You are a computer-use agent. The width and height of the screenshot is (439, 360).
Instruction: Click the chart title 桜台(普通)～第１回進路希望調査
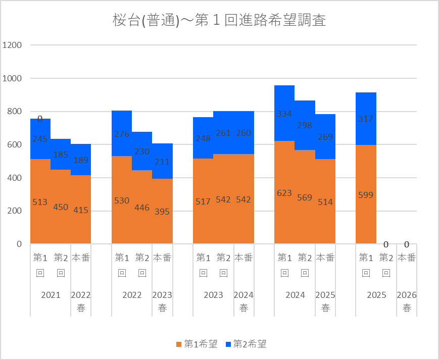click(219, 21)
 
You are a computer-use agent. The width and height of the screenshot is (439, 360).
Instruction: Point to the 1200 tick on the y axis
click(12, 45)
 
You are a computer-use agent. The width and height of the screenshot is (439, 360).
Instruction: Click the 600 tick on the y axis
click(14, 144)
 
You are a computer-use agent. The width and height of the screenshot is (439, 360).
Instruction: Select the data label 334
click(284, 114)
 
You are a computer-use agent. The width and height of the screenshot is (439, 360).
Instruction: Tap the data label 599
click(366, 194)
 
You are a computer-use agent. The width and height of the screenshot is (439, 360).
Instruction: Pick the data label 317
click(366, 119)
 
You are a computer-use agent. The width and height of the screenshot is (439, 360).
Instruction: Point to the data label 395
click(162, 212)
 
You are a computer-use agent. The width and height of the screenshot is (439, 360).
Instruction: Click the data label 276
click(122, 134)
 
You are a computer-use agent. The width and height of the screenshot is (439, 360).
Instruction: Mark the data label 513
click(40, 202)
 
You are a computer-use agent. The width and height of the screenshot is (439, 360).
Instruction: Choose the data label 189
click(81, 160)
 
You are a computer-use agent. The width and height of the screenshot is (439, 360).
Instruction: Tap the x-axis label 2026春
click(407, 301)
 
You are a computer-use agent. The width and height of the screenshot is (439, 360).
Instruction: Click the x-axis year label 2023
click(213, 295)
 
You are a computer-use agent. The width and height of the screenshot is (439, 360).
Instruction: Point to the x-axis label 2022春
click(81, 301)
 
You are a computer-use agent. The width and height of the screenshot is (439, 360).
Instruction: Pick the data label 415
click(81, 210)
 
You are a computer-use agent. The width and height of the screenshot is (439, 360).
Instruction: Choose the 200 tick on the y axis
click(14, 211)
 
